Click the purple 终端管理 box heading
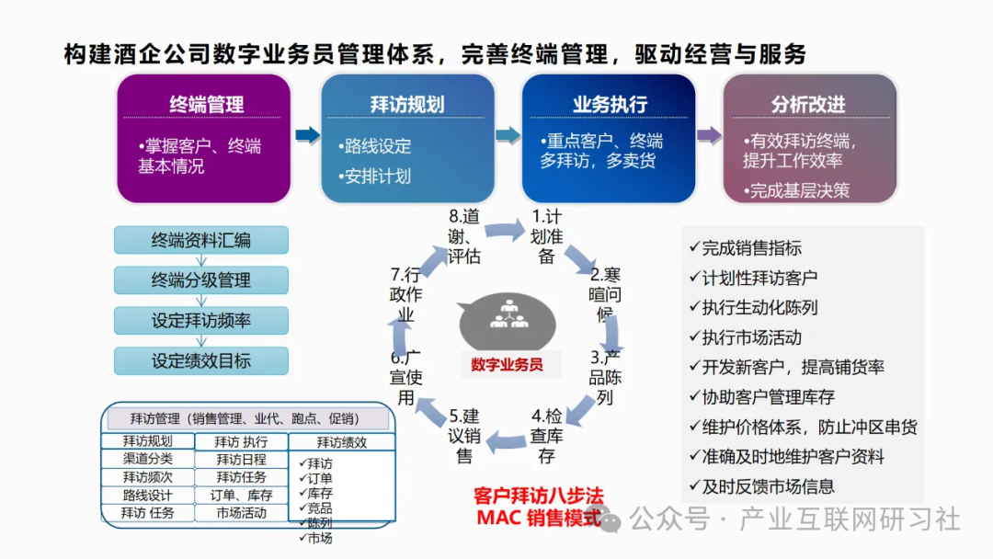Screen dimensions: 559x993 point(205,104)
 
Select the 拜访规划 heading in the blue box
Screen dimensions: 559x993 point(407,104)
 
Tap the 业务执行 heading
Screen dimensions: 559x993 point(609,104)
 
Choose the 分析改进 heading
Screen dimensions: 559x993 point(808,104)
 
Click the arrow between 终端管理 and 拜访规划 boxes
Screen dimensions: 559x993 point(305,136)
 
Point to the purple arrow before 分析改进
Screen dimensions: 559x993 point(709,136)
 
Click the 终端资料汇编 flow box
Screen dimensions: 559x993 point(200,241)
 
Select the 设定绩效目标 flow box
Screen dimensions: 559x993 point(200,360)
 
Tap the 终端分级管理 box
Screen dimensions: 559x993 point(200,280)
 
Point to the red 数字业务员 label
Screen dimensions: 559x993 point(507,364)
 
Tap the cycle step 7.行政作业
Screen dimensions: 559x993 point(405,294)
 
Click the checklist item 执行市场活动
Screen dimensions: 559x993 point(752,337)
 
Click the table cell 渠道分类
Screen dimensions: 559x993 point(147,459)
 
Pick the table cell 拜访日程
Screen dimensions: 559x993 point(242,459)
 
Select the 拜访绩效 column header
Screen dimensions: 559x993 point(341,442)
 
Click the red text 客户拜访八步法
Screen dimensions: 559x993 point(532,496)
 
